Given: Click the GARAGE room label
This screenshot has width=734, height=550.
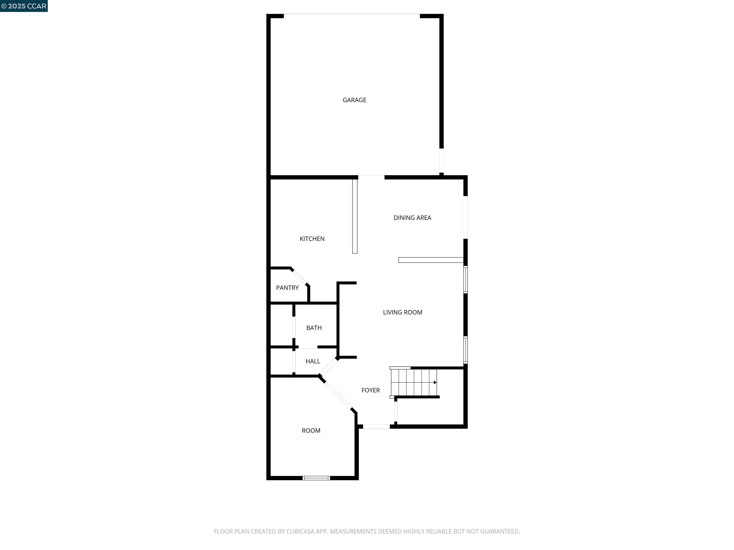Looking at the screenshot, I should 354,100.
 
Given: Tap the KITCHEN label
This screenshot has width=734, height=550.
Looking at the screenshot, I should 312,239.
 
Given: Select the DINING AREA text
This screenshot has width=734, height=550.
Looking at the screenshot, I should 412,218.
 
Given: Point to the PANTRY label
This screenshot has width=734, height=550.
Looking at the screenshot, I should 287,288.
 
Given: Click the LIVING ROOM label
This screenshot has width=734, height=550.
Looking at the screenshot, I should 403,312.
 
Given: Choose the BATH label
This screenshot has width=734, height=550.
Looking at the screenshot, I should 314,328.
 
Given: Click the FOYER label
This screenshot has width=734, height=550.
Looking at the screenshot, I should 370,390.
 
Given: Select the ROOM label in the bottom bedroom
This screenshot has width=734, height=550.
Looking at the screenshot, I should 311,431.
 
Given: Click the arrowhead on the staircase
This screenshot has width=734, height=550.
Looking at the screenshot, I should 435,382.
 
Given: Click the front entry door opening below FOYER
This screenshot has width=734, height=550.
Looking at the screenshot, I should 376,426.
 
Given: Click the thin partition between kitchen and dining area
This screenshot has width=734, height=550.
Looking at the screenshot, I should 355,216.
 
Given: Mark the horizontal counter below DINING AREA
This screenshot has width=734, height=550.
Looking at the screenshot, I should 431,260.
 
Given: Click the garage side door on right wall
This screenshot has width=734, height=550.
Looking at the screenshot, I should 441,160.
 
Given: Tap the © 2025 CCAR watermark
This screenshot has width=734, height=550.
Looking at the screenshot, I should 24,6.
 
